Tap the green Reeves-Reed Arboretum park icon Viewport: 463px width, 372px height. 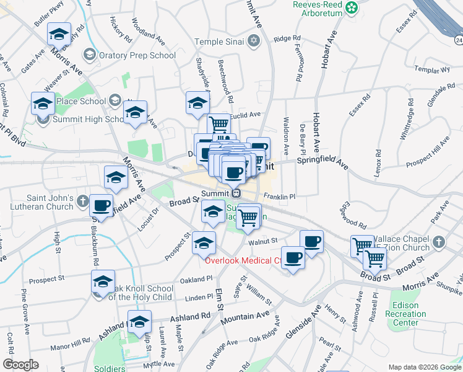pos(352,8)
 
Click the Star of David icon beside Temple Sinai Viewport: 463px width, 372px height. pos(253,42)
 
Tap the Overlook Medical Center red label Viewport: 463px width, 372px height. pos(243,261)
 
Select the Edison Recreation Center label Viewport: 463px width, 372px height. pos(409,314)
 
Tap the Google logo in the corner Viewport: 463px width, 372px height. pos(20,365)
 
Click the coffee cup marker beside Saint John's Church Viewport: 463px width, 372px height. pos(102,205)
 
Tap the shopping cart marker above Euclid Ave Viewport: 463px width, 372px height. pos(219,125)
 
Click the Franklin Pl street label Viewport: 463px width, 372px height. pos(279,197)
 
